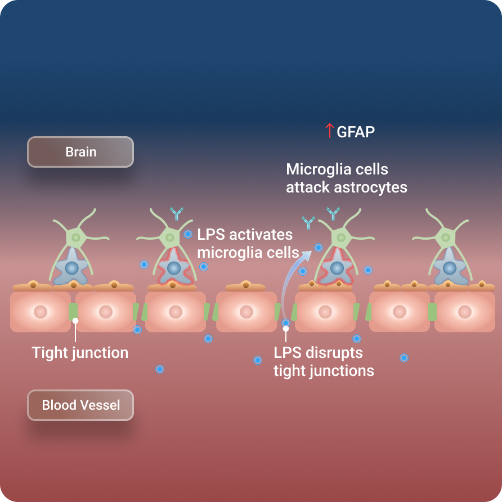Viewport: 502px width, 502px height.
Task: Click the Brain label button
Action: pos(80,152)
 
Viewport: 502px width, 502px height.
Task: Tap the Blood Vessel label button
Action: pos(80,405)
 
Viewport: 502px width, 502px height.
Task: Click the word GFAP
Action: pos(356,132)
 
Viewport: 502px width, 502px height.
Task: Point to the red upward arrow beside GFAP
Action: pos(329,131)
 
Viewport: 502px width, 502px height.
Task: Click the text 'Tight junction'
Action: pos(80,353)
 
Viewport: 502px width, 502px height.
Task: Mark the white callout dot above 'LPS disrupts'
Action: pos(286,328)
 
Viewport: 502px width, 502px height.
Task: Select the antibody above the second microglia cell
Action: pos(177,214)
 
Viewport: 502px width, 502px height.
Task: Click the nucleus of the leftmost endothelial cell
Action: pos(40,311)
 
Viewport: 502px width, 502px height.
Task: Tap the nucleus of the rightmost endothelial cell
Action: pos(464,311)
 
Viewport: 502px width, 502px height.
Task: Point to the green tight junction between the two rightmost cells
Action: pos(432,311)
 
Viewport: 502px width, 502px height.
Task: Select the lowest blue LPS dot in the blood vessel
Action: pos(160,369)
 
